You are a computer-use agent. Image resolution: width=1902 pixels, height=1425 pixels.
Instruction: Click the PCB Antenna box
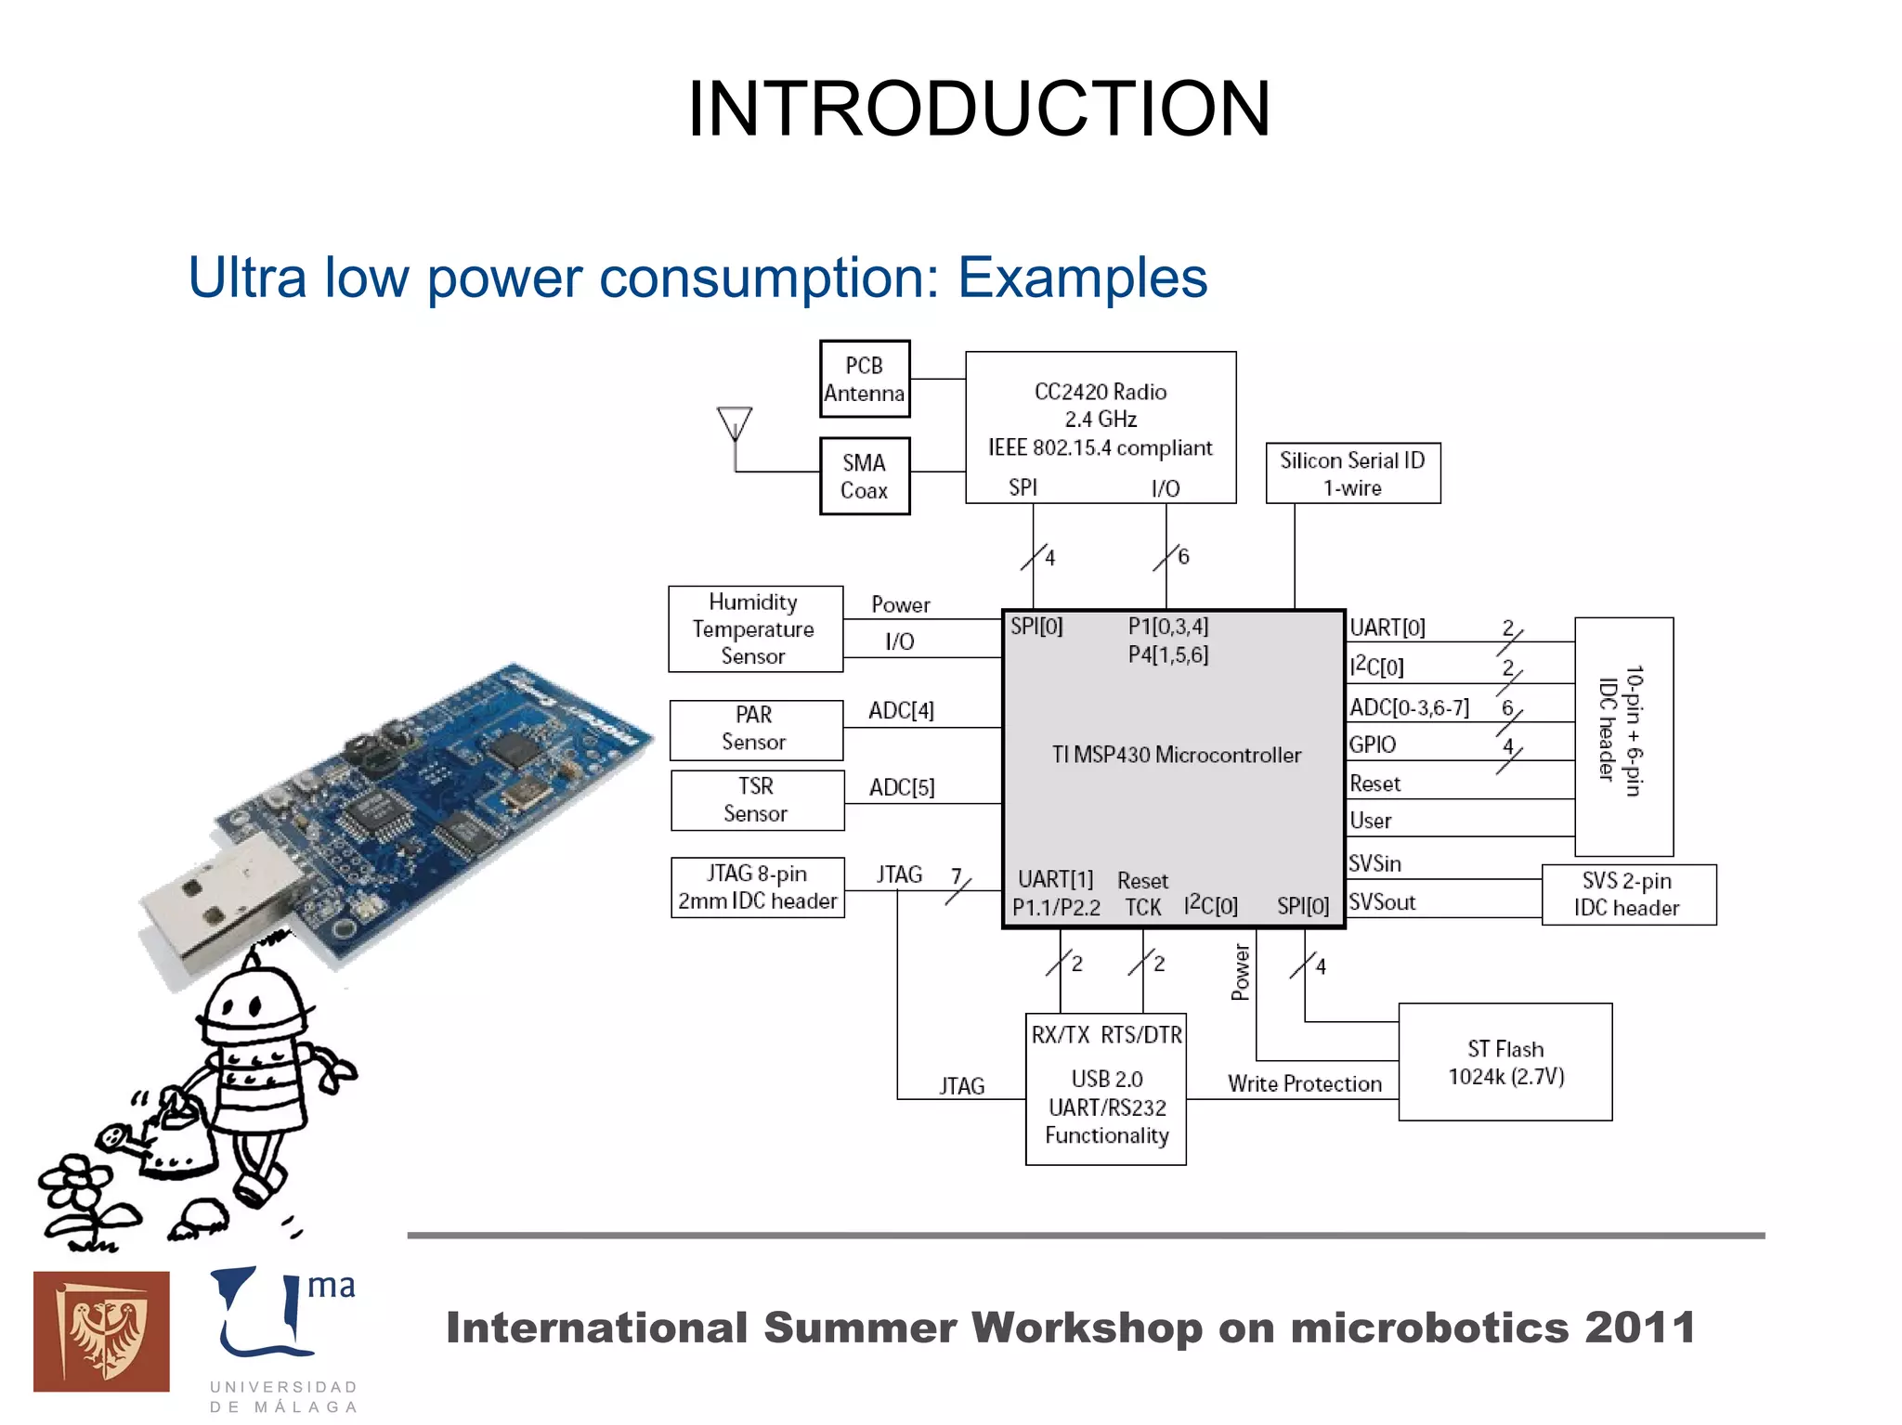[864, 379]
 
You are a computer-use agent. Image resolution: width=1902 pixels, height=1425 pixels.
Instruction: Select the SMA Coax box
[864, 476]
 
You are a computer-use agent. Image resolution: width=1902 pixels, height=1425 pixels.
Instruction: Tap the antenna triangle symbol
[735, 423]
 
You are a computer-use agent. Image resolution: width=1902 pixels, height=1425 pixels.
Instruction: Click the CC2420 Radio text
[1100, 392]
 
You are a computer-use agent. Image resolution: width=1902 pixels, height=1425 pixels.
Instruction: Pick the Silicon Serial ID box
[1352, 473]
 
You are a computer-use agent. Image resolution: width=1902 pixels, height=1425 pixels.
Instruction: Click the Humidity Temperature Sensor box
[755, 628]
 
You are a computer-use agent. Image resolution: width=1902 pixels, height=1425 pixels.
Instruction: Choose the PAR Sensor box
[756, 729]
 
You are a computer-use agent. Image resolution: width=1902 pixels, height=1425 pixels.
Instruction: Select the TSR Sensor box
[757, 799]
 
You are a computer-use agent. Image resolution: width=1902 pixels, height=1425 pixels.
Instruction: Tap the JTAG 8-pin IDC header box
[757, 887]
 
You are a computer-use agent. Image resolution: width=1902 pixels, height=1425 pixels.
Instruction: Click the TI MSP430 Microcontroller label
[1176, 755]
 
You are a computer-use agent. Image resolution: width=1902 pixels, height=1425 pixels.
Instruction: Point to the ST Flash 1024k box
[1505, 1062]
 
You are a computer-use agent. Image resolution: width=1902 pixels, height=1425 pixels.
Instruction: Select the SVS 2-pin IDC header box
[1628, 894]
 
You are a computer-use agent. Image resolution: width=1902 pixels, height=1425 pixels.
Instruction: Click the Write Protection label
[1304, 1083]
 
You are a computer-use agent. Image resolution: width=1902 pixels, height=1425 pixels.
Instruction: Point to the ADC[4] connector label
[901, 710]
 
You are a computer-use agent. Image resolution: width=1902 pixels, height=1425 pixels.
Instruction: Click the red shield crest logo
[101, 1331]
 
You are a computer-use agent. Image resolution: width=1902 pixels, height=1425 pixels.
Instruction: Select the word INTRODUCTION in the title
[978, 109]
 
